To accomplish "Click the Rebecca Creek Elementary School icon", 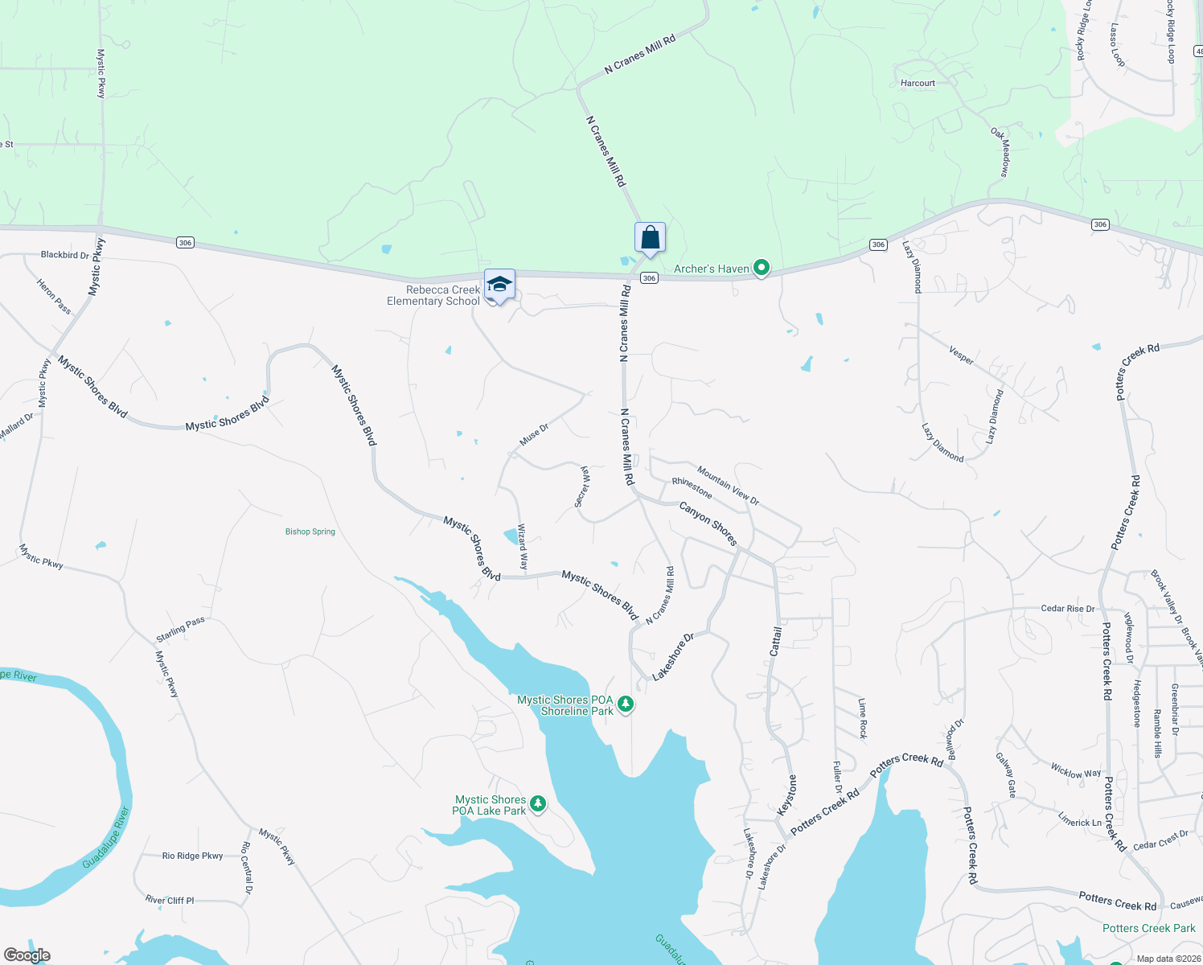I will tap(499, 285).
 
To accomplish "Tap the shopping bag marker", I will tap(650, 238).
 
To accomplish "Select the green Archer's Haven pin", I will tap(761, 268).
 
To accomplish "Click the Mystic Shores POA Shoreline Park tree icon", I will tap(626, 704).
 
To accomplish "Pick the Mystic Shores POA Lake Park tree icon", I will tap(538, 803).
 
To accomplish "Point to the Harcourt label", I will tap(918, 83).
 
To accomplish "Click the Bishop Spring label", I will tap(310, 532).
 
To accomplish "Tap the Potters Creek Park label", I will tap(1148, 928).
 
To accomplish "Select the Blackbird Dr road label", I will tap(65, 255).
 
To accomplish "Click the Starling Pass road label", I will tap(181, 630).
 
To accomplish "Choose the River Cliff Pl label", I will tap(170, 900).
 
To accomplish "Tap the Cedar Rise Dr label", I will tap(1067, 609).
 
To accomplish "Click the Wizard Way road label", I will tap(523, 547).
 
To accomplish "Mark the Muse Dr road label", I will tap(534, 434).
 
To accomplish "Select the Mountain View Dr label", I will tap(728, 486).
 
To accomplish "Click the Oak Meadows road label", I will tap(1000, 152).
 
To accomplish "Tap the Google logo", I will tap(27, 955).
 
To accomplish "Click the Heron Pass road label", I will tap(54, 296).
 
